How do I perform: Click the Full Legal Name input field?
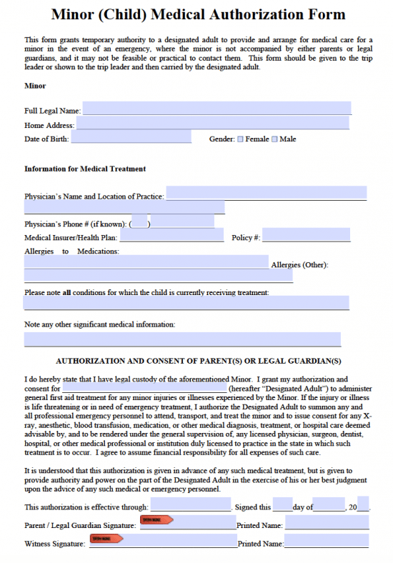click(x=217, y=109)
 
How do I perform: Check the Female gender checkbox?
click(x=240, y=139)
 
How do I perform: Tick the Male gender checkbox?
click(x=274, y=139)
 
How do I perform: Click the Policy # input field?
click(x=306, y=236)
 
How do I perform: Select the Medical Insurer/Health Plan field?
click(x=171, y=236)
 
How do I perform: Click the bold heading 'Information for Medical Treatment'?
click(x=85, y=169)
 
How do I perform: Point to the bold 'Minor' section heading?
click(x=35, y=86)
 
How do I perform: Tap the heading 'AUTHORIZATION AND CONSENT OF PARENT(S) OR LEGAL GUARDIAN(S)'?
click(x=198, y=361)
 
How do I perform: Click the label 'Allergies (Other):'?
click(x=299, y=265)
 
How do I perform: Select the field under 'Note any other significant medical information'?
click(x=182, y=339)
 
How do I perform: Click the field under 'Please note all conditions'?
click(x=186, y=303)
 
